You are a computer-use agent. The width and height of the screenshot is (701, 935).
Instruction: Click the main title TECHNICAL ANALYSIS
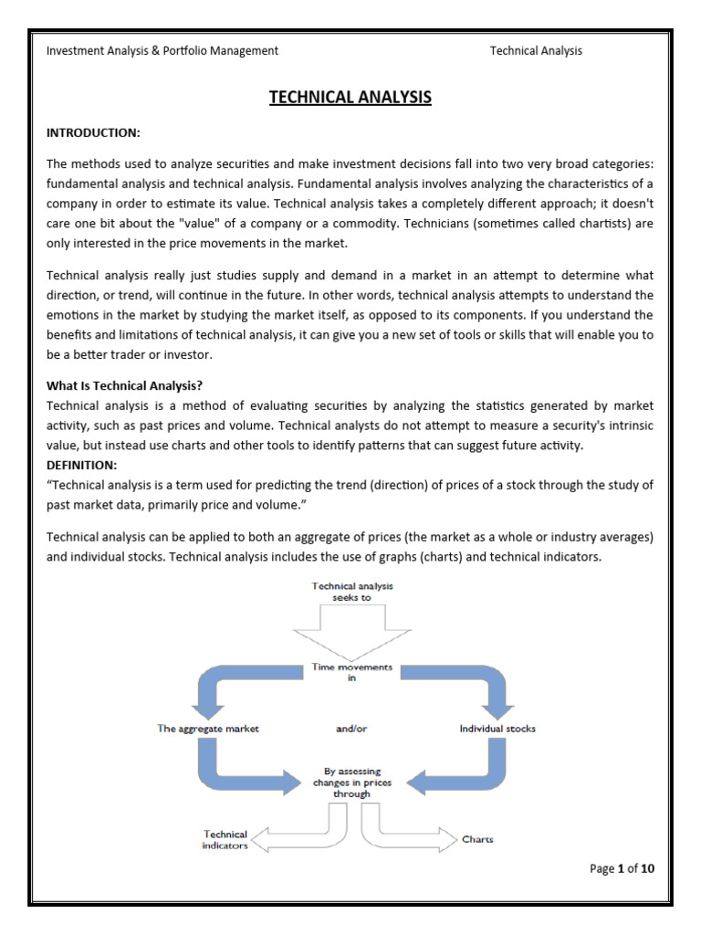click(x=350, y=97)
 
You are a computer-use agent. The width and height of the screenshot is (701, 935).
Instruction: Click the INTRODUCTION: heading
click(x=93, y=133)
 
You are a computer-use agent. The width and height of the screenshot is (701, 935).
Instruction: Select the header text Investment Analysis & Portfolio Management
click(x=162, y=51)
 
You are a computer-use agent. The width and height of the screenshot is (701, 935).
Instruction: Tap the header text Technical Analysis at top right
click(x=536, y=51)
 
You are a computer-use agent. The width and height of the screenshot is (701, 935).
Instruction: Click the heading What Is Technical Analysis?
click(x=131, y=385)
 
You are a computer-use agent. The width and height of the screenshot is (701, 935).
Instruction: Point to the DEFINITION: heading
click(x=82, y=466)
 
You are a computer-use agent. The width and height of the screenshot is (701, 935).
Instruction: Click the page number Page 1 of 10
click(x=622, y=868)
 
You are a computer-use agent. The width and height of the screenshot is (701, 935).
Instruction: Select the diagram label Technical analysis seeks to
click(x=351, y=592)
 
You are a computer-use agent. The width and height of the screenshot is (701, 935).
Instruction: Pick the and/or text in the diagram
click(x=351, y=729)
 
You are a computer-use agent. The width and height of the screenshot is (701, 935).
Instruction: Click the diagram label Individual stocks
click(x=497, y=729)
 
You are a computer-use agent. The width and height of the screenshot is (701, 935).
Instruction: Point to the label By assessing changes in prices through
click(x=352, y=782)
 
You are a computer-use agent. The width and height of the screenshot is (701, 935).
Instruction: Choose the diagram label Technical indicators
click(x=225, y=840)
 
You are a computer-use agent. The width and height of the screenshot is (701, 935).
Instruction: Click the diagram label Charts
click(x=477, y=839)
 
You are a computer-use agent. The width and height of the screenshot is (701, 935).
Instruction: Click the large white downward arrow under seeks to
click(x=351, y=636)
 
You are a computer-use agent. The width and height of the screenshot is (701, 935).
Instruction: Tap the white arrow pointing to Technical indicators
click(x=292, y=835)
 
